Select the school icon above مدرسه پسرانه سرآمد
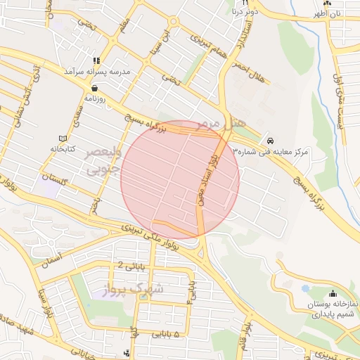(96, 60)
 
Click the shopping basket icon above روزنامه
(94, 89)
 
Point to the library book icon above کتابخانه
(63, 138)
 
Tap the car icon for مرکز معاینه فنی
(271, 141)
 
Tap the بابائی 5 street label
(166, 335)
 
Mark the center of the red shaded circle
(180, 179)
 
